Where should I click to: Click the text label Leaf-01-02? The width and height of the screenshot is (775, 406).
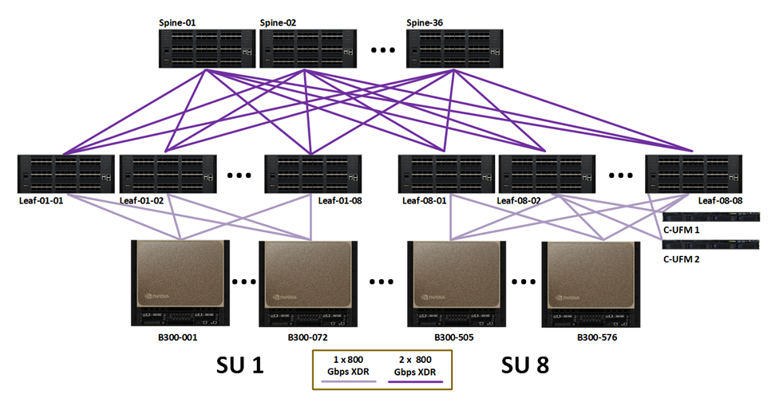click(141, 201)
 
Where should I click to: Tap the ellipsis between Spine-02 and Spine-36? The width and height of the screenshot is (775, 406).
click(383, 50)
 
